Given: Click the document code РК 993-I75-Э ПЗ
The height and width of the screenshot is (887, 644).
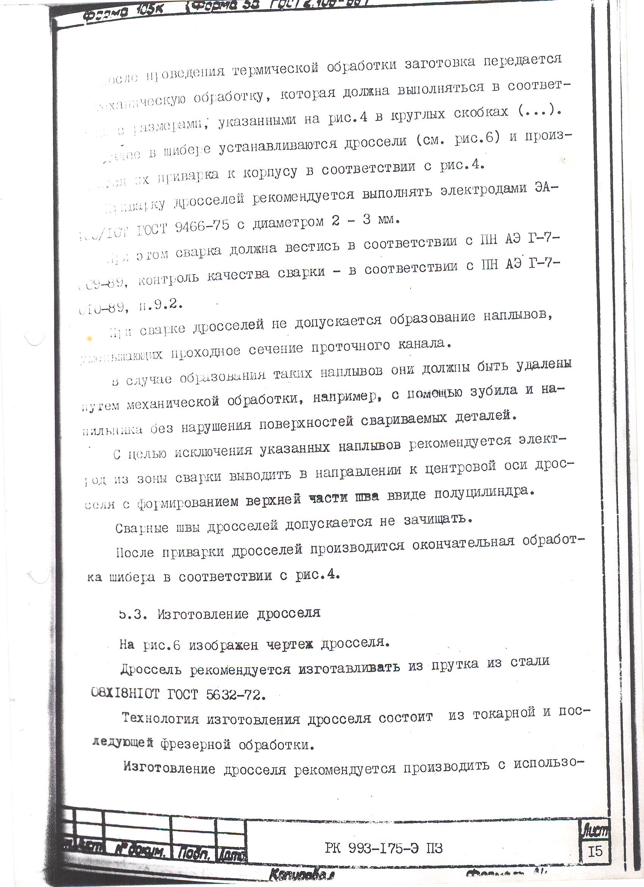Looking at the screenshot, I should pos(383,847).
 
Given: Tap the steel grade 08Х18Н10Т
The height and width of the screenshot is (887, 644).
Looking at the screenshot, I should pos(125,694).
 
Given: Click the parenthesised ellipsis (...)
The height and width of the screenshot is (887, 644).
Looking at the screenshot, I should pos(539,111).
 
